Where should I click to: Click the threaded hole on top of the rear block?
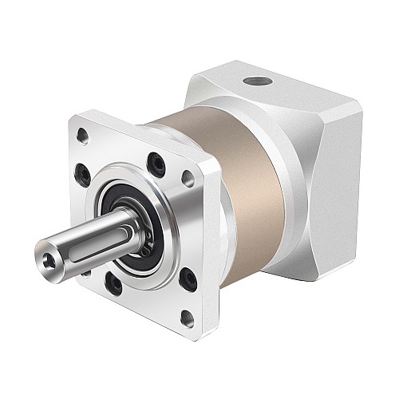(x=256, y=82)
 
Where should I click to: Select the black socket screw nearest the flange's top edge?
(x=157, y=164)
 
